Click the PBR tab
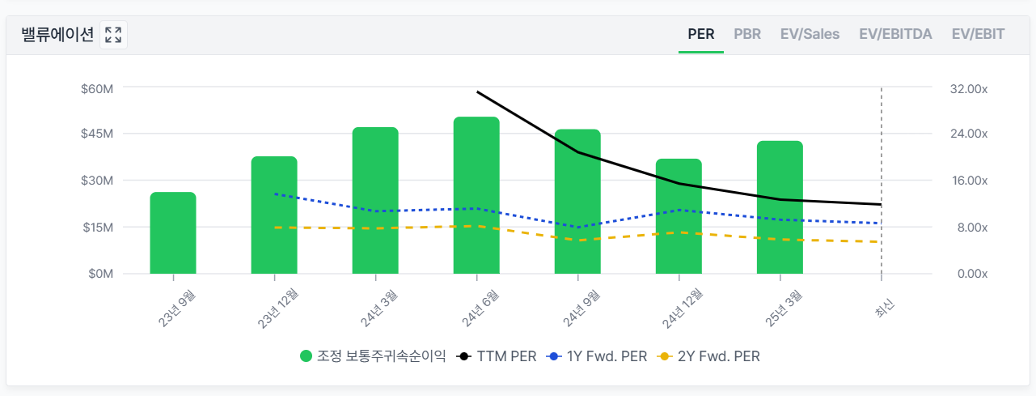coord(747,34)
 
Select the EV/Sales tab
coord(810,34)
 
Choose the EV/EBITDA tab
coord(895,34)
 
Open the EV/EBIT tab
coord(978,34)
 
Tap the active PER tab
coord(700,34)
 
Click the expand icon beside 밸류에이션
coord(113,35)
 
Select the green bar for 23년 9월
coord(173,233)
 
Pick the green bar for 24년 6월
coord(476,195)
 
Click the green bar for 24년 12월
coord(679,216)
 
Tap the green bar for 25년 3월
coord(780,207)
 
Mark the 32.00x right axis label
coord(967,88)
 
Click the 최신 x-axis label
coord(884,307)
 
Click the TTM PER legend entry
coord(497,356)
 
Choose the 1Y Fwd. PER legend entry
coord(598,356)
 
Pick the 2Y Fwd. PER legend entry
coord(710,356)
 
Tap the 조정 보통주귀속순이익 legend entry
coord(373,356)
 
